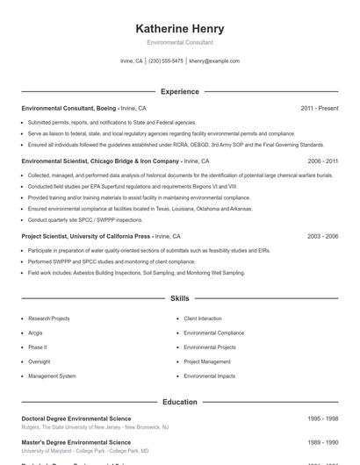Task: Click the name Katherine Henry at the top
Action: [179, 29]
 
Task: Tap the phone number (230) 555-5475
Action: [166, 61]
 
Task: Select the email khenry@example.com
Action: [214, 61]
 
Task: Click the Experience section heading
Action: [179, 91]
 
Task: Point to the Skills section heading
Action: [179, 299]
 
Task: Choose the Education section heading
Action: [179, 402]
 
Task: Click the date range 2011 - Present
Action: [319, 108]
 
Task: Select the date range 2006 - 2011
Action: [323, 161]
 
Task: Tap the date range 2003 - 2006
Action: [323, 236]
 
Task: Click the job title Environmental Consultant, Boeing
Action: [68, 108]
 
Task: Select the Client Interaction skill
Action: [203, 318]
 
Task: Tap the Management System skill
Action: [52, 376]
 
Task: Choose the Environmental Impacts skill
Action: [209, 376]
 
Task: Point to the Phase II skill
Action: [39, 347]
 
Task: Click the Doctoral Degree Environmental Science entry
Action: [76, 418]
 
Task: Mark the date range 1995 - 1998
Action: [323, 418]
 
